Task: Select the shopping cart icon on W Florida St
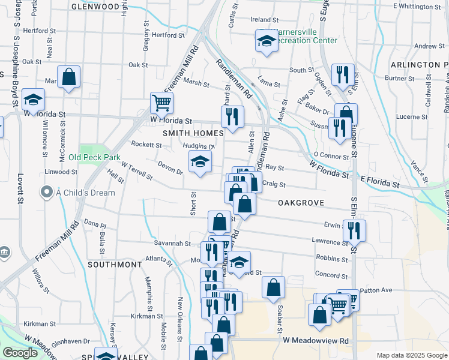point(161,103)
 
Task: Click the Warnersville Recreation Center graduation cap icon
point(266,41)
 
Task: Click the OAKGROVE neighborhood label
point(301,203)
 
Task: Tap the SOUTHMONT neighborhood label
point(115,264)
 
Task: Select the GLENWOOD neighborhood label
point(95,6)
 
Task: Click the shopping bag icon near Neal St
point(70,77)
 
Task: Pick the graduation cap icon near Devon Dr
point(200,161)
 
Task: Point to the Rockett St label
point(146,145)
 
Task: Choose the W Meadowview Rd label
point(315,340)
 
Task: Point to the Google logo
point(20,353)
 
